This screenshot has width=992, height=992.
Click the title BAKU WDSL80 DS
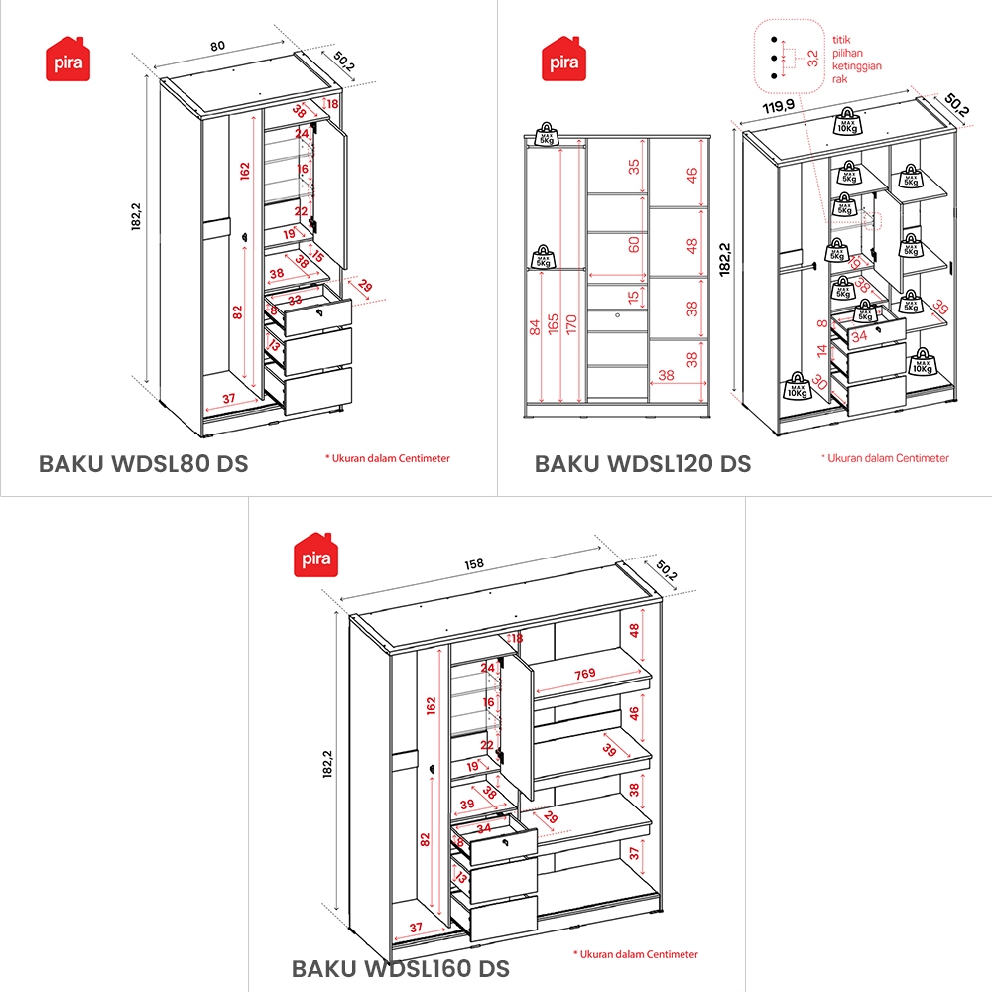143,463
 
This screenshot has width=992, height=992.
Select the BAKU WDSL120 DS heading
643,463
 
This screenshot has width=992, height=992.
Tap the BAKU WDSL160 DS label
400,967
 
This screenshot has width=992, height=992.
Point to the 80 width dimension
218,45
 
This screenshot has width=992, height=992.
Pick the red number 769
585,675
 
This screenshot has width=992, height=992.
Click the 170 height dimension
571,325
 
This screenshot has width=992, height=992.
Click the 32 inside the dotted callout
812,57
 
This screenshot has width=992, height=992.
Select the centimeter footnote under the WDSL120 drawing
885,458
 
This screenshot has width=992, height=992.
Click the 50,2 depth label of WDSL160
667,573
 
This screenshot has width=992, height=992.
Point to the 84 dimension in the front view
537,325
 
